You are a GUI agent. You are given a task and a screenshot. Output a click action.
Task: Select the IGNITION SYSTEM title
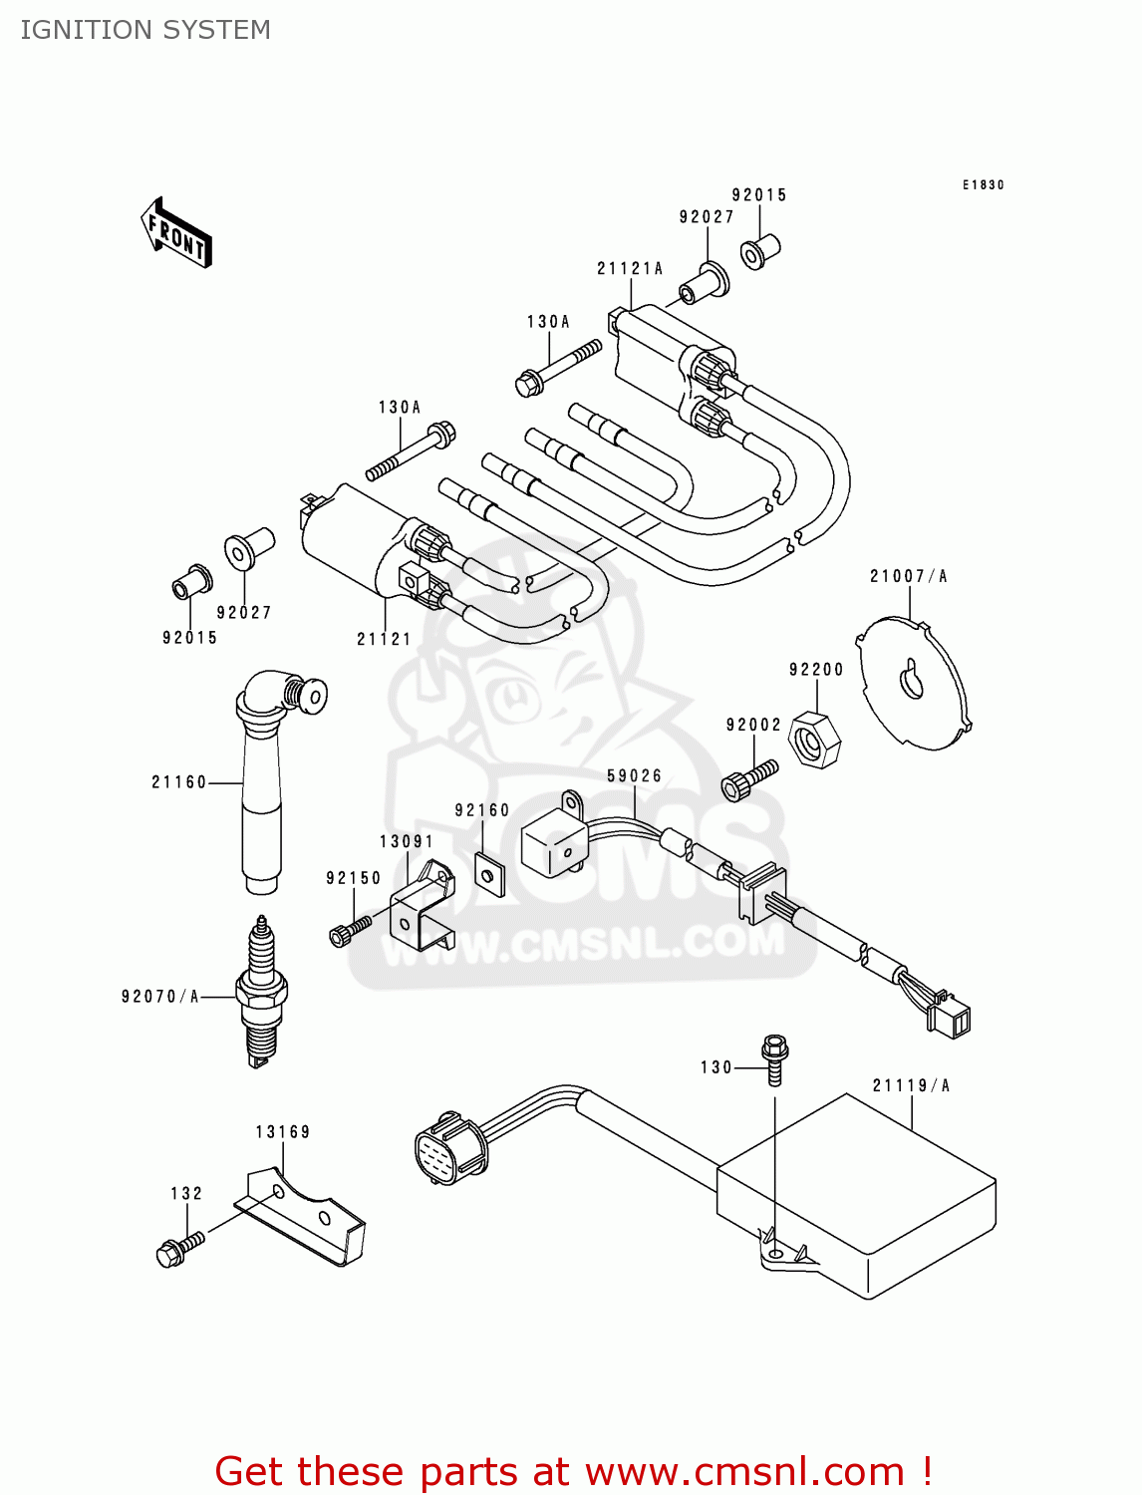point(145,30)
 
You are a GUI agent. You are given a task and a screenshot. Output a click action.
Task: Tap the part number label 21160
point(178,782)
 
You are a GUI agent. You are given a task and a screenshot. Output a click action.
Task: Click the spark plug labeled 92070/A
point(261,992)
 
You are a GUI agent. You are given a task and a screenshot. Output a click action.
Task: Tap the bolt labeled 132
point(178,1248)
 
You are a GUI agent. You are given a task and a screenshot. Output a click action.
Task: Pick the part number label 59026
point(634,775)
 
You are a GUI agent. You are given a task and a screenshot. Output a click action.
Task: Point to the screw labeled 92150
point(348,931)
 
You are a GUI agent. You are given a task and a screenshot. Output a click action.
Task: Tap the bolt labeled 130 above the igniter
point(774,1058)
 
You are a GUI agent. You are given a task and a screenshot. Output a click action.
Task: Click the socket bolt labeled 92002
point(747,780)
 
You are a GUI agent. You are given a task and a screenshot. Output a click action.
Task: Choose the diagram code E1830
point(983,185)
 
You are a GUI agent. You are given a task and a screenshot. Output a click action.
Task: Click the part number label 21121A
point(630,268)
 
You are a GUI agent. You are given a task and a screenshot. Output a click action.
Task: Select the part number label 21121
point(384,639)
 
